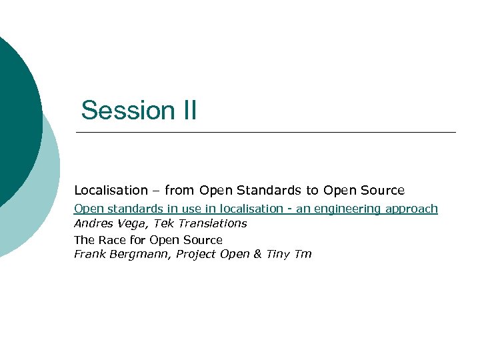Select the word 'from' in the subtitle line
[x=180, y=190]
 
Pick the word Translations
[x=213, y=223]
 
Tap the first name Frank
[x=89, y=254]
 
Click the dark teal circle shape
[x=17, y=113]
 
